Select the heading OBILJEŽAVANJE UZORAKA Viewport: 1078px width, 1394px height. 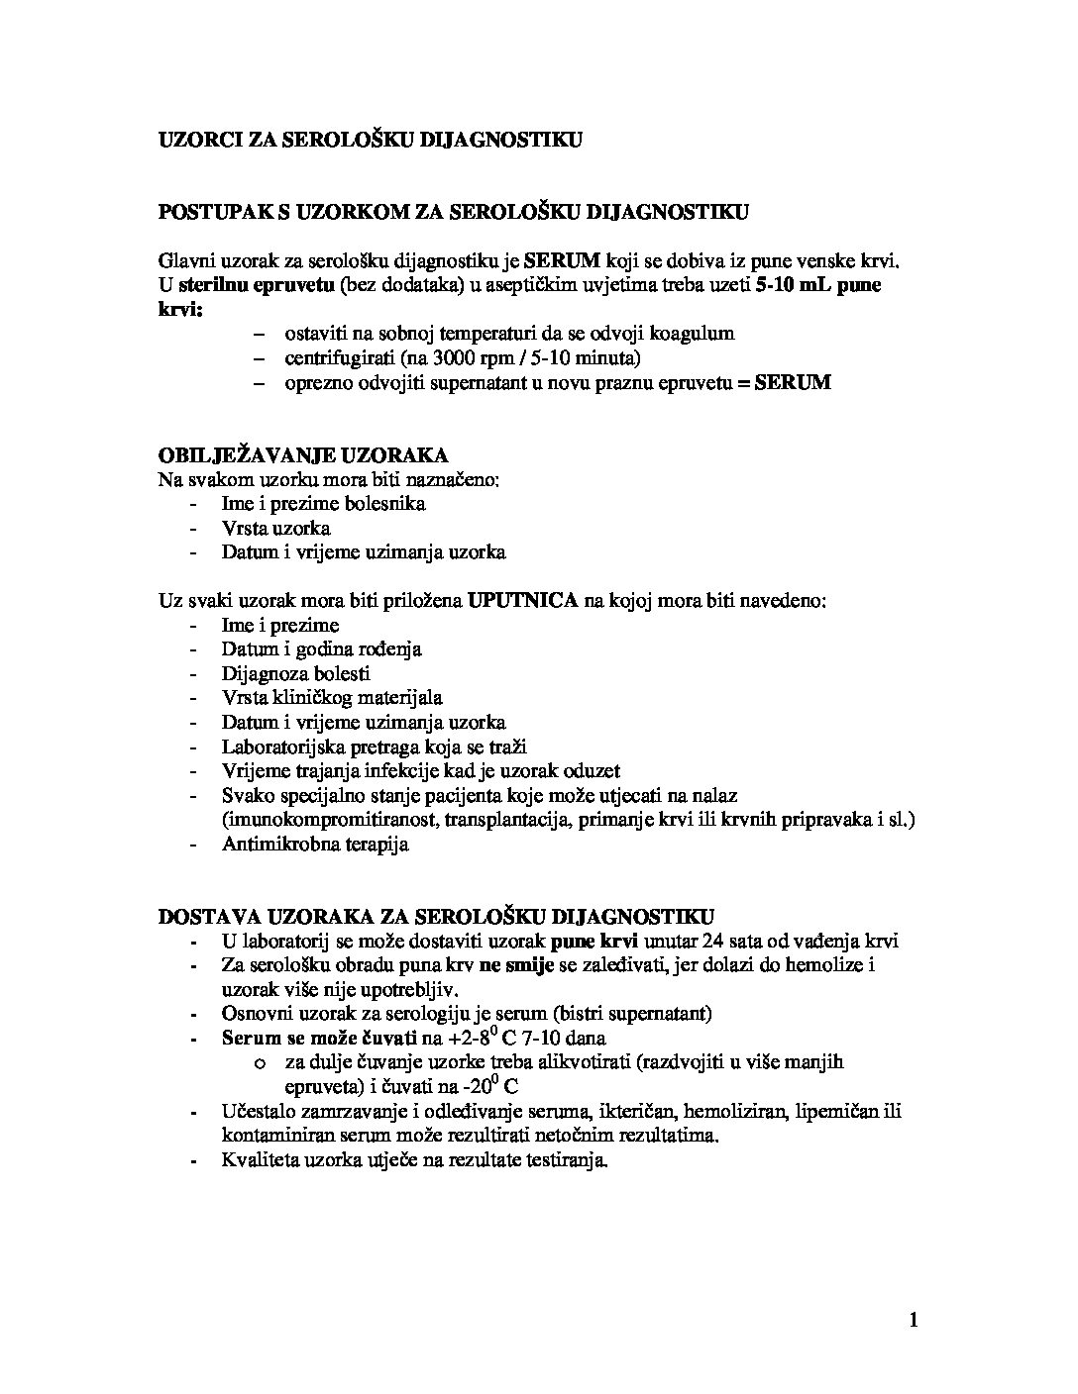(303, 455)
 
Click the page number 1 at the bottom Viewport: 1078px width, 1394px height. (913, 1320)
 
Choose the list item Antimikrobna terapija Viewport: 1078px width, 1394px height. (315, 845)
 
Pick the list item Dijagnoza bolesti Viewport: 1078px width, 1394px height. (295, 674)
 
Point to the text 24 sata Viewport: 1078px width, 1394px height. (734, 941)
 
